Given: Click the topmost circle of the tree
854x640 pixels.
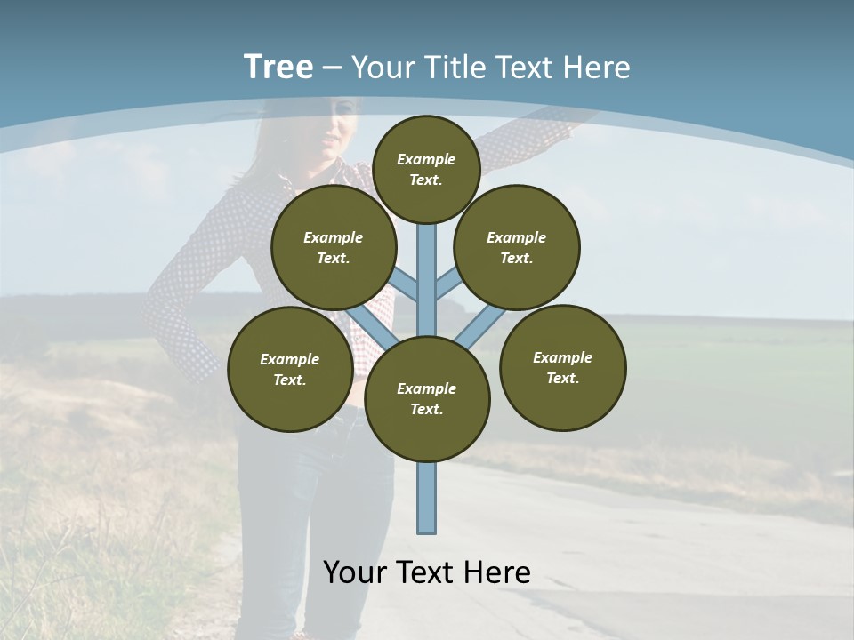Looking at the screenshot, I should (x=426, y=169).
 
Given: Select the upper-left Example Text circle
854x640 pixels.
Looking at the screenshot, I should (x=333, y=247).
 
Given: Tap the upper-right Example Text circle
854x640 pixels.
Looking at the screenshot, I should (x=516, y=247).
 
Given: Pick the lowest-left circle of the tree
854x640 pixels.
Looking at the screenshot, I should (x=290, y=369).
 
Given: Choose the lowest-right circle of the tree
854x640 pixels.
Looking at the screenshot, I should (x=562, y=367).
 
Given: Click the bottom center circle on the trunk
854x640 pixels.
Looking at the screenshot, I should (x=427, y=398).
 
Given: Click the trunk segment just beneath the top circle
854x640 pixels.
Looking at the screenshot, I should (x=427, y=253).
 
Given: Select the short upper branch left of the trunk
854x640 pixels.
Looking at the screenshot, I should (x=406, y=286).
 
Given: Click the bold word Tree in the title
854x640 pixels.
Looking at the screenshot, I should (x=278, y=67).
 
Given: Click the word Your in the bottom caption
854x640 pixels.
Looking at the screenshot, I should (x=354, y=572).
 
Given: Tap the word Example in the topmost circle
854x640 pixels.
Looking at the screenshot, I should (x=426, y=159).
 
